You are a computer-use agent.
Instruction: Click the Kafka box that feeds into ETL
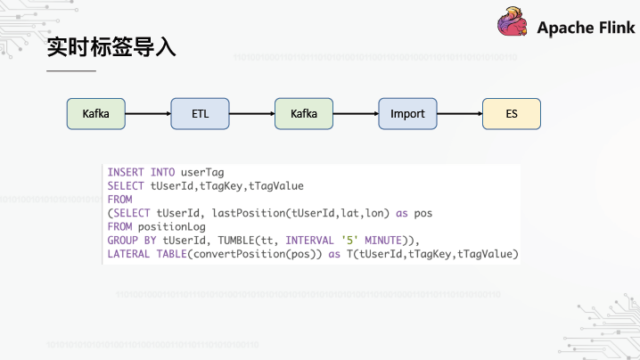[x=96, y=114]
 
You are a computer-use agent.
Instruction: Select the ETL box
[x=200, y=114]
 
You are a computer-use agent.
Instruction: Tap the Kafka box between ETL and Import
[x=304, y=114]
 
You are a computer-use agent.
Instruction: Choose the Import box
[x=407, y=114]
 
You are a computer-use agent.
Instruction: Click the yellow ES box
[x=512, y=114]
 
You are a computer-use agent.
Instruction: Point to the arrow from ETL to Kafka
[x=252, y=113]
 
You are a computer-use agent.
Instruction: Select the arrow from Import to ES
[x=460, y=113]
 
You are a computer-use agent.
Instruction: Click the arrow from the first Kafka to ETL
[x=148, y=113]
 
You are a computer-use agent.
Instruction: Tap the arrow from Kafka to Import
[x=356, y=113]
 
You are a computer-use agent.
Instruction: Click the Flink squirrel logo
[x=512, y=21]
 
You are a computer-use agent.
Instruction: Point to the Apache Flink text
[x=586, y=28]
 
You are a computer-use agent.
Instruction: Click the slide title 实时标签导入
[x=111, y=47]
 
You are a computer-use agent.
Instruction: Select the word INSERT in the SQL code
[x=126, y=172]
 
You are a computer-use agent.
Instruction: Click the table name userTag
[x=202, y=173]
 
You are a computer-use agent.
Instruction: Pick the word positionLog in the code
[x=172, y=227]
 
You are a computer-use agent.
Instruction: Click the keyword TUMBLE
[x=236, y=241]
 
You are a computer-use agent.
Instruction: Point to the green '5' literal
[x=349, y=240]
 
